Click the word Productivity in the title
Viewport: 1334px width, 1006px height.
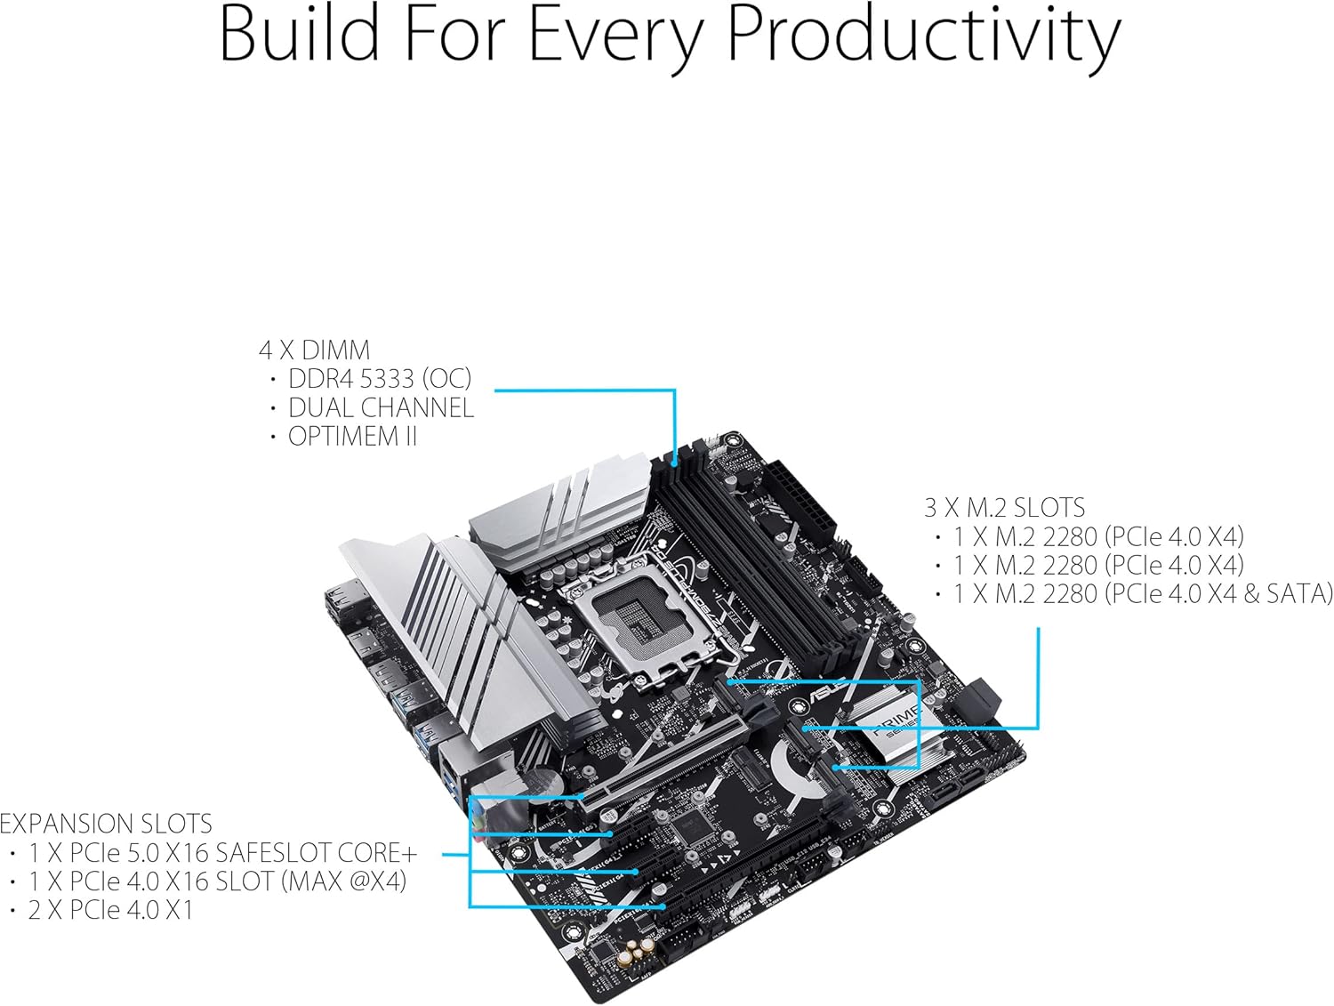[x=924, y=37]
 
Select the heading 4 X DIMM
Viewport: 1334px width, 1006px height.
[x=314, y=350]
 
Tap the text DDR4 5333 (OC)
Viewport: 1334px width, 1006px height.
[x=379, y=379]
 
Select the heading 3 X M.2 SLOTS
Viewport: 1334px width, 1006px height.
[x=1004, y=508]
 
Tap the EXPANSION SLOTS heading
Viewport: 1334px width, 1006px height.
[x=106, y=824]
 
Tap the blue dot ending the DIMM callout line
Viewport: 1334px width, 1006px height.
[x=675, y=463]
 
